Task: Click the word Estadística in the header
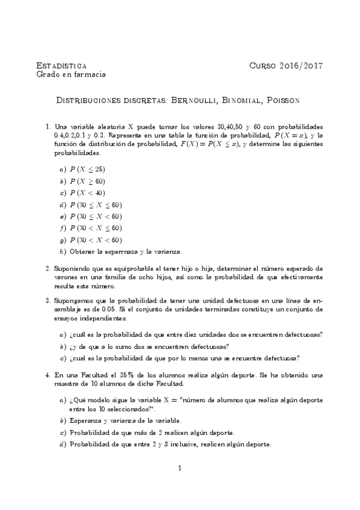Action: (61, 65)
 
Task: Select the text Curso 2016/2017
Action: (286, 65)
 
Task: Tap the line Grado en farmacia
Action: (72, 75)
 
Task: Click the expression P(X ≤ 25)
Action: (87, 169)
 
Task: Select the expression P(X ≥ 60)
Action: (87, 181)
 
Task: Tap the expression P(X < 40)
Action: (87, 192)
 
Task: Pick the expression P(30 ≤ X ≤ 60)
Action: (96, 204)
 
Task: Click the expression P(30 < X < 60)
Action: (96, 240)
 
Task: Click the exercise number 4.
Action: (48, 375)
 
